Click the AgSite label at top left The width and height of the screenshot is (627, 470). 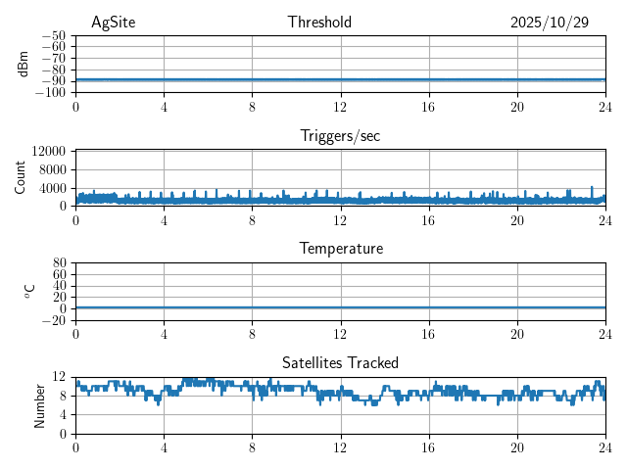point(113,23)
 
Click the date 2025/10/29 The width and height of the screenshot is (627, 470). point(549,23)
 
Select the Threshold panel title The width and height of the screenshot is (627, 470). point(319,23)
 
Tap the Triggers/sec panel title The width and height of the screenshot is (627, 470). point(340,136)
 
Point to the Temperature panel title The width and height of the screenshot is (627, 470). point(340,249)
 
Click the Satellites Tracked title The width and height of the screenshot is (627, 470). point(340,363)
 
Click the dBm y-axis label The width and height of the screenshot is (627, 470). point(24,64)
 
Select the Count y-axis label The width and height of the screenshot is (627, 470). point(21,177)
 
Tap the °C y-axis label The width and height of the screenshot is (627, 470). point(29,291)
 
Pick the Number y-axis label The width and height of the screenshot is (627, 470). point(40,404)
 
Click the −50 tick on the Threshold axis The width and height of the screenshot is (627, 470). point(54,35)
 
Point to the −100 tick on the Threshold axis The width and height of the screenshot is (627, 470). point(51,93)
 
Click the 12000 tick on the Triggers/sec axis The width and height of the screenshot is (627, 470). point(49,152)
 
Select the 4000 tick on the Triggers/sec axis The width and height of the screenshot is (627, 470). point(53,188)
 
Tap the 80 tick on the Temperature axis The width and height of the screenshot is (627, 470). point(60,263)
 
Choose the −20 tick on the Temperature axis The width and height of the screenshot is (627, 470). point(54,320)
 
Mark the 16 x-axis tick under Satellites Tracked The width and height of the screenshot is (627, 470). point(429,447)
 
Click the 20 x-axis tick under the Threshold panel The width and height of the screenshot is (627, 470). point(517,107)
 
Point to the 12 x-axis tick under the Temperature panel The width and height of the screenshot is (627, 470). point(341,334)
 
